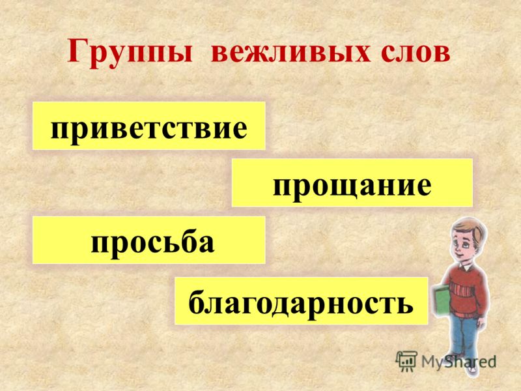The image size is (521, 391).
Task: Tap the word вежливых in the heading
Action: pos(290,52)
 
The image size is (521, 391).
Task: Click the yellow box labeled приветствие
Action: pos(149,126)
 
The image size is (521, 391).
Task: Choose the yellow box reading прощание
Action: pos(352,182)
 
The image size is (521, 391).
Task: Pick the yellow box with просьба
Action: pos(149,240)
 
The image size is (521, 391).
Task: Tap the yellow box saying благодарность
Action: pos(301,300)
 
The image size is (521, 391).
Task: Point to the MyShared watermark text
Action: pos(458,362)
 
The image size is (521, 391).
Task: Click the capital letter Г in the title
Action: pos(77,51)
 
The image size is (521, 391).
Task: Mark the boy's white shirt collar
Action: pos(465,266)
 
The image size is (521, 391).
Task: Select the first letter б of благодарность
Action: pos(197,300)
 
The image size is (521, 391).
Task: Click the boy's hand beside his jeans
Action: pos(479,323)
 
